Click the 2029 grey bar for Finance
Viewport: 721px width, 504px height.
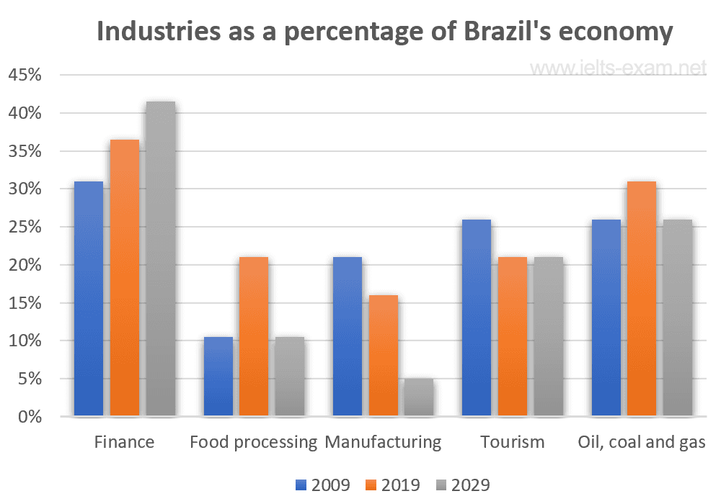[161, 259]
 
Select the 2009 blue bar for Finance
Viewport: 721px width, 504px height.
[89, 299]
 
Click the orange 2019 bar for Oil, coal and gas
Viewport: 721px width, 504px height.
[642, 299]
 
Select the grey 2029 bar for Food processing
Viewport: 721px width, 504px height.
[290, 377]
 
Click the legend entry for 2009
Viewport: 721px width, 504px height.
[322, 485]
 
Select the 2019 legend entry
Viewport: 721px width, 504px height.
[392, 485]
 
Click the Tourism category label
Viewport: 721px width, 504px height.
[513, 441]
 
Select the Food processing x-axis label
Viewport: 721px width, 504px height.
[254, 441]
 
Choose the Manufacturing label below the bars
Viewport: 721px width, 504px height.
[383, 441]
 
